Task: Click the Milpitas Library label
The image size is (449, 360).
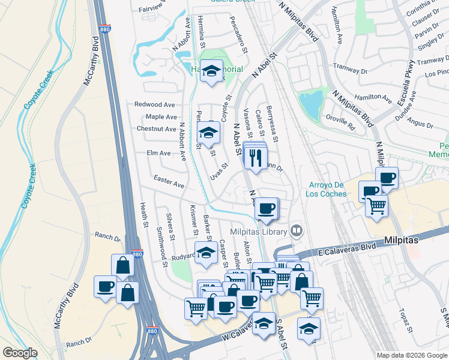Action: coord(258,232)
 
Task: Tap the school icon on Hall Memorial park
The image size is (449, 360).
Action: coord(211,71)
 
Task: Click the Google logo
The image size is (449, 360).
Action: coord(20,353)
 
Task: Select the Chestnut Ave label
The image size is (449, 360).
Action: coord(156,128)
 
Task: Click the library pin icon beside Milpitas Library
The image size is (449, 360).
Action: coord(296,231)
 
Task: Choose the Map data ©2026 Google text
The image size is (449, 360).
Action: coord(411,355)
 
